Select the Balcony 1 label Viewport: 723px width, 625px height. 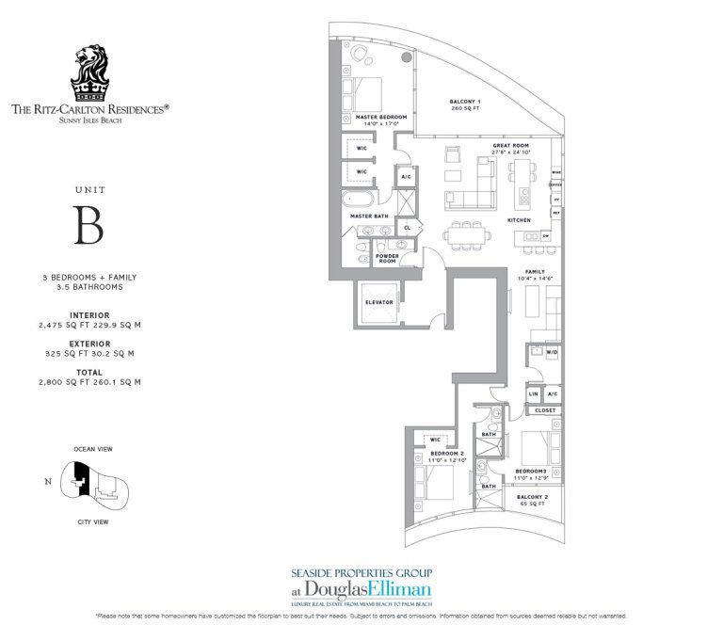[x=465, y=102]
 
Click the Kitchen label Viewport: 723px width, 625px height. [x=519, y=219]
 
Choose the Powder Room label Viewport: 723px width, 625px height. [x=387, y=257]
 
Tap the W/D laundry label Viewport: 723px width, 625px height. [x=552, y=353]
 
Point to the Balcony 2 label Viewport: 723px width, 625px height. [x=533, y=496]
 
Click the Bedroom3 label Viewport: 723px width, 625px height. [x=530, y=470]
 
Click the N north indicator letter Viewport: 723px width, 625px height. [x=48, y=482]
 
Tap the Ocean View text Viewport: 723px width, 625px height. [x=91, y=450]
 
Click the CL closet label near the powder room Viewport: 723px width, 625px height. [x=407, y=227]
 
